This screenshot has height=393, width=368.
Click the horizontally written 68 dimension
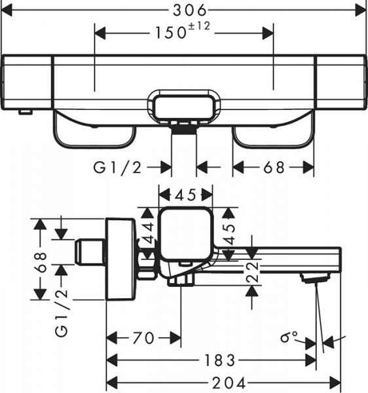point(274,168)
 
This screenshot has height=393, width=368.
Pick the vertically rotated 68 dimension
point(41,261)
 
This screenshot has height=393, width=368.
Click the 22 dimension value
point(252,274)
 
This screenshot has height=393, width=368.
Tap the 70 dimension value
point(143,338)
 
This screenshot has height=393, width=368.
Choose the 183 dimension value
point(218,361)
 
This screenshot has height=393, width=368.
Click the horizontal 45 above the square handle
point(185,195)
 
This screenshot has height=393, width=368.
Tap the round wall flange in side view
point(122,259)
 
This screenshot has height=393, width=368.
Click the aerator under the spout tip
point(313,279)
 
